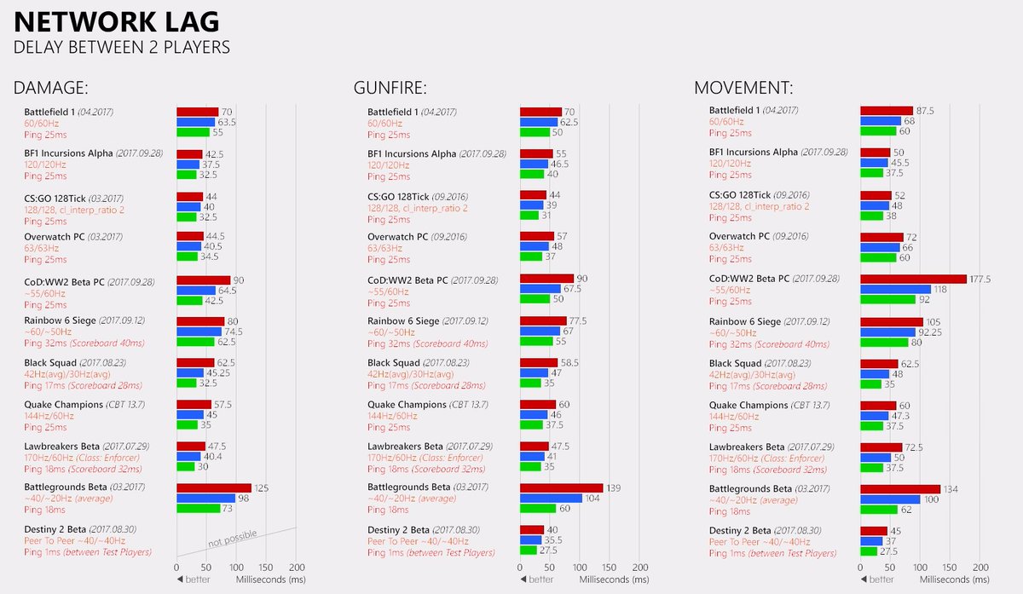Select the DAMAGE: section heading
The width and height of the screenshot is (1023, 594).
[x=51, y=87]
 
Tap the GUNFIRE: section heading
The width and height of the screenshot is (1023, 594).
[x=390, y=87]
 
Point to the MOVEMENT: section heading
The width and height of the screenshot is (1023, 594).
[x=743, y=87]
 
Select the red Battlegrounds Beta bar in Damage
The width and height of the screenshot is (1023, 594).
[x=214, y=487]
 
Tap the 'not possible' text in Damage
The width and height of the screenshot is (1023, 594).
[x=233, y=539]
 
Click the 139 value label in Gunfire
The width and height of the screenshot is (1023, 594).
[x=613, y=487]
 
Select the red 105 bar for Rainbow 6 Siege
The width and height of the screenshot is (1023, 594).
[x=892, y=321]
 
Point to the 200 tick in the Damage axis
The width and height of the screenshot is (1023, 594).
[x=297, y=567]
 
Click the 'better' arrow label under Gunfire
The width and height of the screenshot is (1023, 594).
[x=536, y=580]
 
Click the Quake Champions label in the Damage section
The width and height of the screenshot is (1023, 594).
[x=64, y=405]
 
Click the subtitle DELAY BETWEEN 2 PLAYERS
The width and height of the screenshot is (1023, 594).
[x=121, y=47]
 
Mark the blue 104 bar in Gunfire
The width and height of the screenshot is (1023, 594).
[x=551, y=499]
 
